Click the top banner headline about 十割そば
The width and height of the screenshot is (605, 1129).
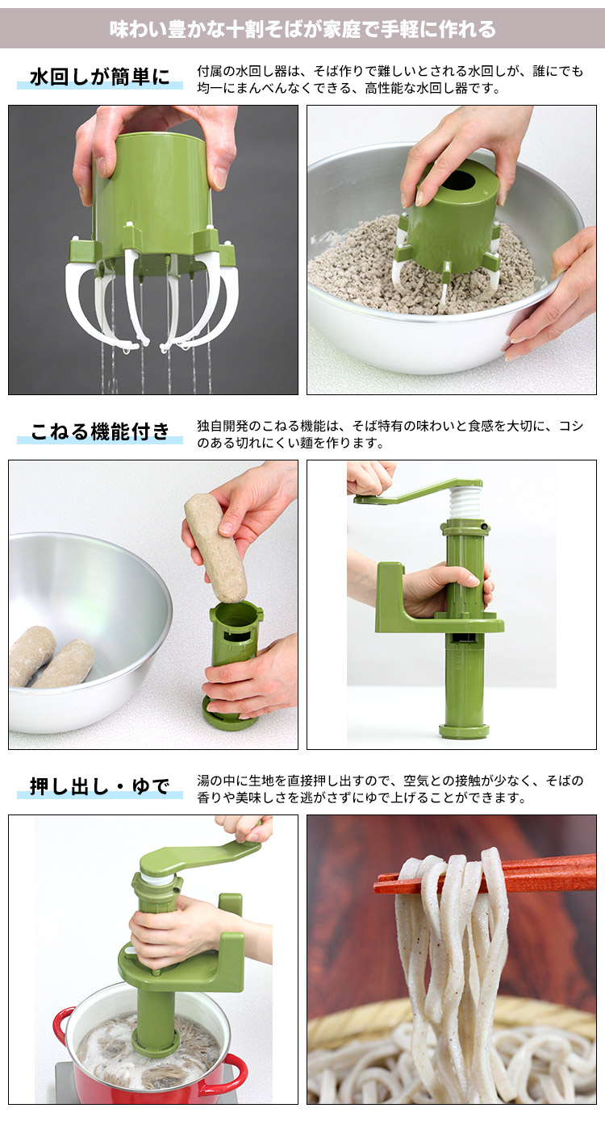pos(302,30)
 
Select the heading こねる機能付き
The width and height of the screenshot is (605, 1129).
pos(100,432)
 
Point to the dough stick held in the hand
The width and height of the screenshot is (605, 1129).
pos(215,548)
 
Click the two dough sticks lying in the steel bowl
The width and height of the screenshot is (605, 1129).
pos(50,658)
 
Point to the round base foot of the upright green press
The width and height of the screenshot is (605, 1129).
pos(464,731)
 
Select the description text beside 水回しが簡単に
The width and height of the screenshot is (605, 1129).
pos(390,80)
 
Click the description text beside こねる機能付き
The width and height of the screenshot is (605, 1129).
pos(390,435)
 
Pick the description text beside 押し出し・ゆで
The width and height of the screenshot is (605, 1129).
pos(390,789)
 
